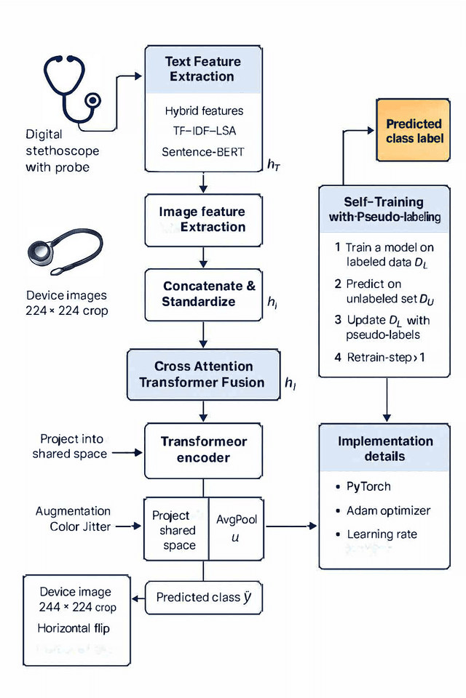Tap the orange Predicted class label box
tap(414, 131)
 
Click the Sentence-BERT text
tap(204, 152)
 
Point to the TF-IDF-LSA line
tap(204, 132)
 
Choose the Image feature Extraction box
tap(202, 219)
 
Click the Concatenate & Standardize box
tap(202, 294)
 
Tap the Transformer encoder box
tap(203, 449)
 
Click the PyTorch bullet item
tap(370, 486)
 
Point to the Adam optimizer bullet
tap(388, 510)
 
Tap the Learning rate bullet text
tap(382, 534)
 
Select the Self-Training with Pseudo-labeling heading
tap(384, 209)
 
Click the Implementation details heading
tap(385, 449)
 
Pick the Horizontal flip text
tap(74, 627)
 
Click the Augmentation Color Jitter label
tap(73, 518)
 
